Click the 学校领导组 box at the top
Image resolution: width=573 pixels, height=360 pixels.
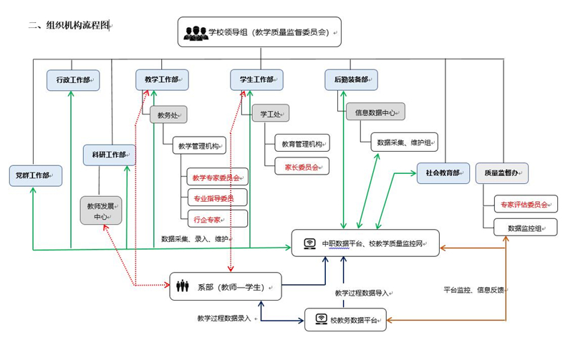[x=260, y=32]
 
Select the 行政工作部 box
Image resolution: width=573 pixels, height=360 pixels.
[x=73, y=80]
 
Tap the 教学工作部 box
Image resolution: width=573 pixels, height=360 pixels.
[x=162, y=80]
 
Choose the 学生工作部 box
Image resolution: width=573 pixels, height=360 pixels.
[x=256, y=80]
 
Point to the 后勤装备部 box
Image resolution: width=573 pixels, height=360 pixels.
[x=351, y=80]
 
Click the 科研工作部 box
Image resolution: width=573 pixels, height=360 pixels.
[x=109, y=155]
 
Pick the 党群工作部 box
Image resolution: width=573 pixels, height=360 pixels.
[x=34, y=175]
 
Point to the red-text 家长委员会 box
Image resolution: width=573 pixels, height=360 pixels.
[x=302, y=166]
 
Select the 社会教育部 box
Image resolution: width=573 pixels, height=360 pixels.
[x=443, y=173]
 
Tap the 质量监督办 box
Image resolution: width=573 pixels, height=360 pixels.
[x=501, y=173]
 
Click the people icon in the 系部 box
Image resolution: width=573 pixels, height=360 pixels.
[x=183, y=286]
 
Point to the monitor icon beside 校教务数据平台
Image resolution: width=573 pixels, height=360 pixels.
[x=320, y=319]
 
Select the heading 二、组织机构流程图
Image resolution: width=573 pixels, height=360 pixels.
[x=69, y=25]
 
